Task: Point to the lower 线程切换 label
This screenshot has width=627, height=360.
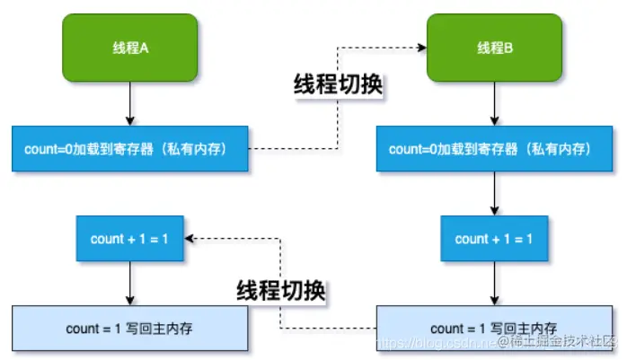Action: coord(281,289)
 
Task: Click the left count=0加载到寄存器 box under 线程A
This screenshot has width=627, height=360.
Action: coord(130,148)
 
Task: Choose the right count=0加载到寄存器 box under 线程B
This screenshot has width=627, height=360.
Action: coord(495,148)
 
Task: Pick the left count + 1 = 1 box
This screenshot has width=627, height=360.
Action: coord(130,238)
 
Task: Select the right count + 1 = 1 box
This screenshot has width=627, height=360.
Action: coord(495,238)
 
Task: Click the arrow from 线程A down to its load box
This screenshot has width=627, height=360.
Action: coord(130,106)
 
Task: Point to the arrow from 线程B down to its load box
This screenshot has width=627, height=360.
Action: coord(495,106)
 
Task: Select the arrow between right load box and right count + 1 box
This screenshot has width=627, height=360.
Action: coord(495,193)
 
